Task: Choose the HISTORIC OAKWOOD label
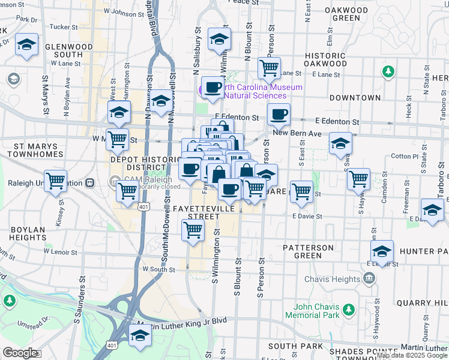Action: coord(325,59)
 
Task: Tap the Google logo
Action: coord(20,353)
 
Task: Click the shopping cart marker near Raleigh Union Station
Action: coord(55,180)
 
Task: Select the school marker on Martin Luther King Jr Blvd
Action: coord(140,335)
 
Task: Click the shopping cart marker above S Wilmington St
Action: coord(193,229)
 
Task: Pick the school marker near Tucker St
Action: coord(26,44)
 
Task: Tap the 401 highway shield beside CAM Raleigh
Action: coord(143,207)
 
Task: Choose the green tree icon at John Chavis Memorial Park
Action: coord(349,310)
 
